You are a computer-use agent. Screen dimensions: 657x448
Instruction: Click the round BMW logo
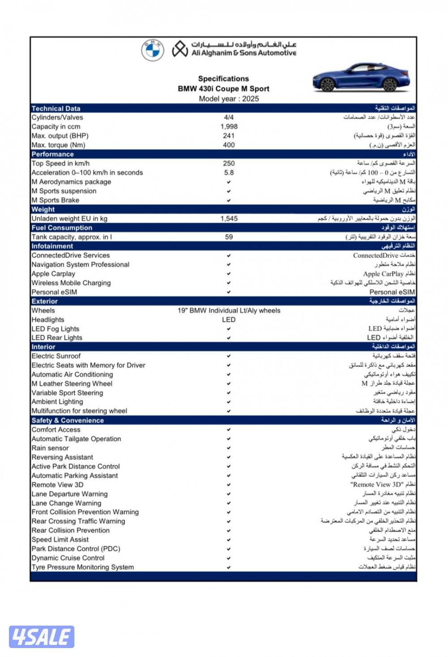(x=152, y=50)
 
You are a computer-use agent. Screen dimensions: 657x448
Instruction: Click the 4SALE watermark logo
(x=41, y=637)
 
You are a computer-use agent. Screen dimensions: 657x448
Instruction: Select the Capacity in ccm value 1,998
(x=229, y=127)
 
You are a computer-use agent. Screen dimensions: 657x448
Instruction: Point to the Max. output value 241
(x=229, y=136)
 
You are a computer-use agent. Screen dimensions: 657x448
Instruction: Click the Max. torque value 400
(x=229, y=145)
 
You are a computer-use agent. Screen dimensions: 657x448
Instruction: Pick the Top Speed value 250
(x=229, y=164)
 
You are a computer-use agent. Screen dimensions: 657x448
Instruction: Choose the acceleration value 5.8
(x=229, y=173)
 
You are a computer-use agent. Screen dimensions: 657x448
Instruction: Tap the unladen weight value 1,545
(x=229, y=219)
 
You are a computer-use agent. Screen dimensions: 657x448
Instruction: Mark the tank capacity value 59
(x=229, y=237)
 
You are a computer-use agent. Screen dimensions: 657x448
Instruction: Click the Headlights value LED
(x=228, y=320)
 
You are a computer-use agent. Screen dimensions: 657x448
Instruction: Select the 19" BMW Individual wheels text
(x=229, y=311)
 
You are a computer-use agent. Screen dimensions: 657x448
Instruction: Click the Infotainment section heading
(x=52, y=246)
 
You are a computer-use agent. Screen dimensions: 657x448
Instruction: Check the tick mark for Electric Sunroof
(x=228, y=356)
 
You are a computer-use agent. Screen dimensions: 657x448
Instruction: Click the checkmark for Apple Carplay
(x=228, y=274)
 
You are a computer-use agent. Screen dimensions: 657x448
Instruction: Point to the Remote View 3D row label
(x=57, y=485)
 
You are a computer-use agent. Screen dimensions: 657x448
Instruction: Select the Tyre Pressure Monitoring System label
(x=83, y=567)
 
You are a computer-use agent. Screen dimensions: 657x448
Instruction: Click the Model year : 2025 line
(x=229, y=99)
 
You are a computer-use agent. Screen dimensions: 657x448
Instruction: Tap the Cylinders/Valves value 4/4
(x=229, y=117)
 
